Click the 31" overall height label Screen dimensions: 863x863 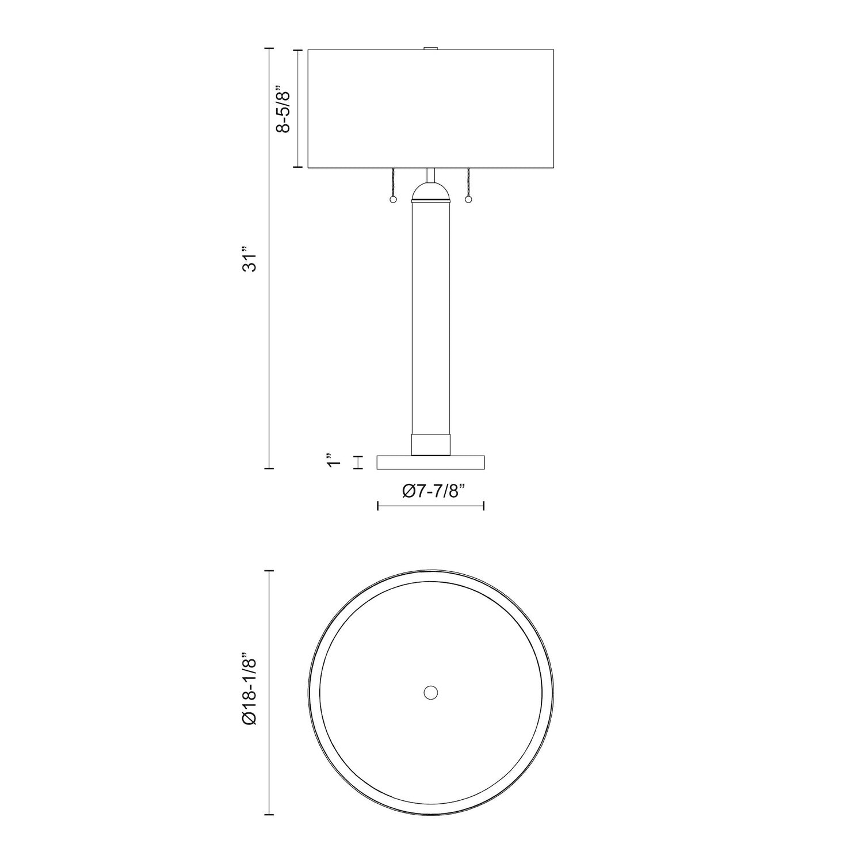(249, 259)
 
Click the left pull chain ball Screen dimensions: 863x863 (393, 200)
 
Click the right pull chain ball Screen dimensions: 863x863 (468, 200)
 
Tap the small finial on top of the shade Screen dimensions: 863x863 (430, 48)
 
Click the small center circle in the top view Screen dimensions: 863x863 (430, 692)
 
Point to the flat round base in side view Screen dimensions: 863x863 (430, 463)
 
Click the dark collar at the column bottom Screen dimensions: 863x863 (430, 444)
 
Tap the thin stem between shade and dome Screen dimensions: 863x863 (430, 175)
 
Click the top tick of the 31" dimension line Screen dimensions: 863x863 (269, 50)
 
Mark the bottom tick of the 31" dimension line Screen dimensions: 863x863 (269, 469)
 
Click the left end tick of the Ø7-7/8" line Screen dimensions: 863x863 (377, 506)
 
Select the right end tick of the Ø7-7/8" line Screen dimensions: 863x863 (484, 506)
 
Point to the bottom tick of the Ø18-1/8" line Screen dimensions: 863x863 (269, 815)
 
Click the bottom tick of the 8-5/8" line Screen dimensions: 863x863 (298, 167)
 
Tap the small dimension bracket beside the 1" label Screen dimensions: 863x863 (358, 463)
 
